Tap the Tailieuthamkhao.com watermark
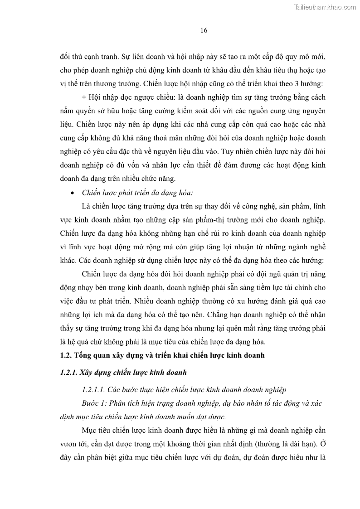coord(325,7)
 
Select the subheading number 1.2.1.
coord(68,373)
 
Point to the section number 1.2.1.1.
coord(95,390)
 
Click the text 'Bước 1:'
coord(93,403)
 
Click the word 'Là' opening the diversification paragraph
coord(87,206)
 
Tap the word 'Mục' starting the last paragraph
coord(89,430)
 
